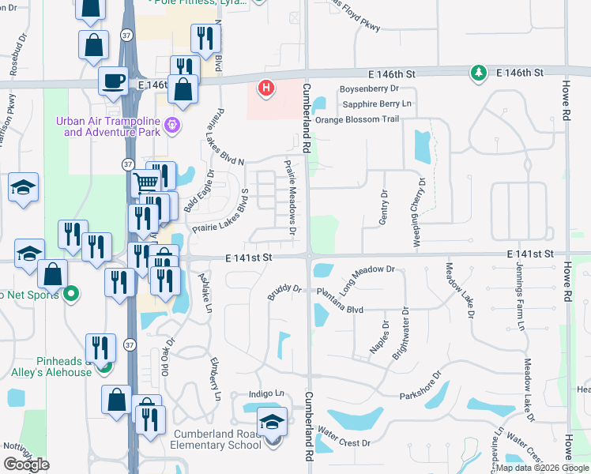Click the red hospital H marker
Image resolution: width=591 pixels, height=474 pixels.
[267, 87]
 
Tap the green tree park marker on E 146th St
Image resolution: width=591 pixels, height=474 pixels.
[478, 73]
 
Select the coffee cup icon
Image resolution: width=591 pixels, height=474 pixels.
[114, 81]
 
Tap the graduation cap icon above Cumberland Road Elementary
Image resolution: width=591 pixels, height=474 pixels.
[272, 422]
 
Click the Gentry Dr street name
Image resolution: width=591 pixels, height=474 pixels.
[384, 207]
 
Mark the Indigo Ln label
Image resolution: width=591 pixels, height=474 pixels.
[266, 393]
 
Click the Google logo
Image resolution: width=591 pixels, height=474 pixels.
[27, 465]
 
